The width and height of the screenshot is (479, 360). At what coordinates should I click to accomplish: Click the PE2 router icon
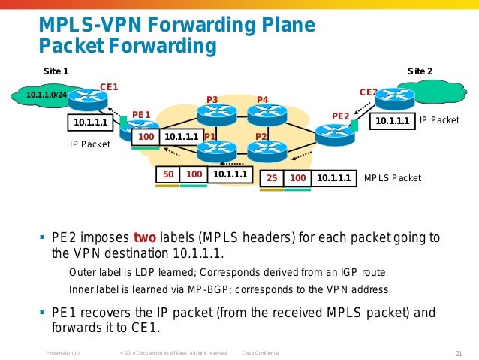tap(330, 134)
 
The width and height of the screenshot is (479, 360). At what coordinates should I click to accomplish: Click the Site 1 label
tap(56, 71)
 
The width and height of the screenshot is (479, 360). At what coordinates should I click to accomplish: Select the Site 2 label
tap(425, 71)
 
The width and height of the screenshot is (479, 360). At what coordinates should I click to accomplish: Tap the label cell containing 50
tap(169, 175)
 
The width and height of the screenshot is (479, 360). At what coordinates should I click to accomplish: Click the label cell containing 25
tap(272, 179)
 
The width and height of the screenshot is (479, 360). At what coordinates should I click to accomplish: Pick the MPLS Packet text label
tap(393, 179)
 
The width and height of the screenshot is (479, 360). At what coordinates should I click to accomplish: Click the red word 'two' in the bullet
tap(145, 238)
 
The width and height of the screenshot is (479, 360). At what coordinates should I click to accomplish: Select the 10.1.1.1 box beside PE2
tap(393, 120)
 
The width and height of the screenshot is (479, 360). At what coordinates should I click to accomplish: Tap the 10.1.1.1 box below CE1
tap(89, 122)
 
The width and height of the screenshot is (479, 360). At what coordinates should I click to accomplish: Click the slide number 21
tap(459, 353)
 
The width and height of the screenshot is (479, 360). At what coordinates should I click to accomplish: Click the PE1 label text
tap(141, 115)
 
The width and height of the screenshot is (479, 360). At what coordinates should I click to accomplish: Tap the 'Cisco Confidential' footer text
tap(261, 353)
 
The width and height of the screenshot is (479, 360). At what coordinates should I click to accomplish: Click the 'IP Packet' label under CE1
tap(90, 144)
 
